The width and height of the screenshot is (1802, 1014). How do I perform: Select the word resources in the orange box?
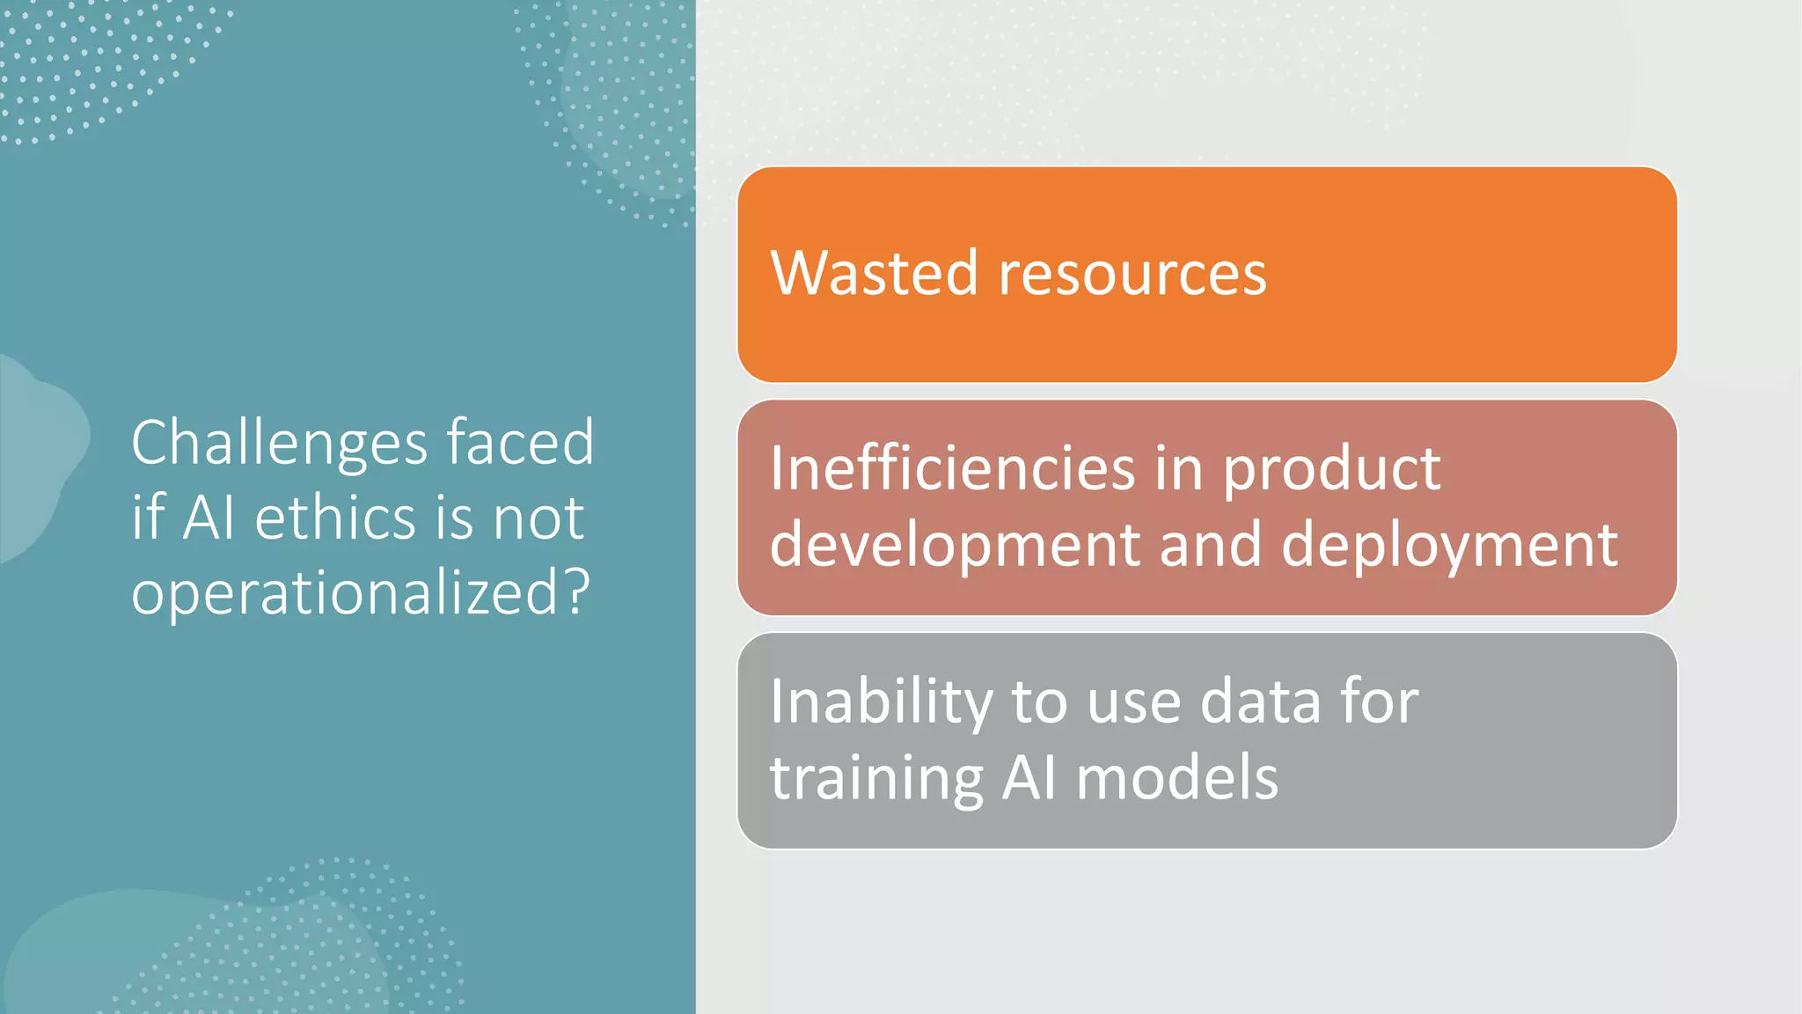coord(1133,275)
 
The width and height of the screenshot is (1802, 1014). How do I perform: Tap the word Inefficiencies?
coord(952,468)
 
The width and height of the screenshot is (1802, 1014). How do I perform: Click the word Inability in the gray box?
coord(881,703)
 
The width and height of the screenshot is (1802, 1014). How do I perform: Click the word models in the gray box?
coord(1176,779)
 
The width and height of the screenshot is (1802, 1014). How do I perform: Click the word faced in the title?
coord(521,442)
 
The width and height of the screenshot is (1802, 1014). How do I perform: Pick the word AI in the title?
coord(209,518)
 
